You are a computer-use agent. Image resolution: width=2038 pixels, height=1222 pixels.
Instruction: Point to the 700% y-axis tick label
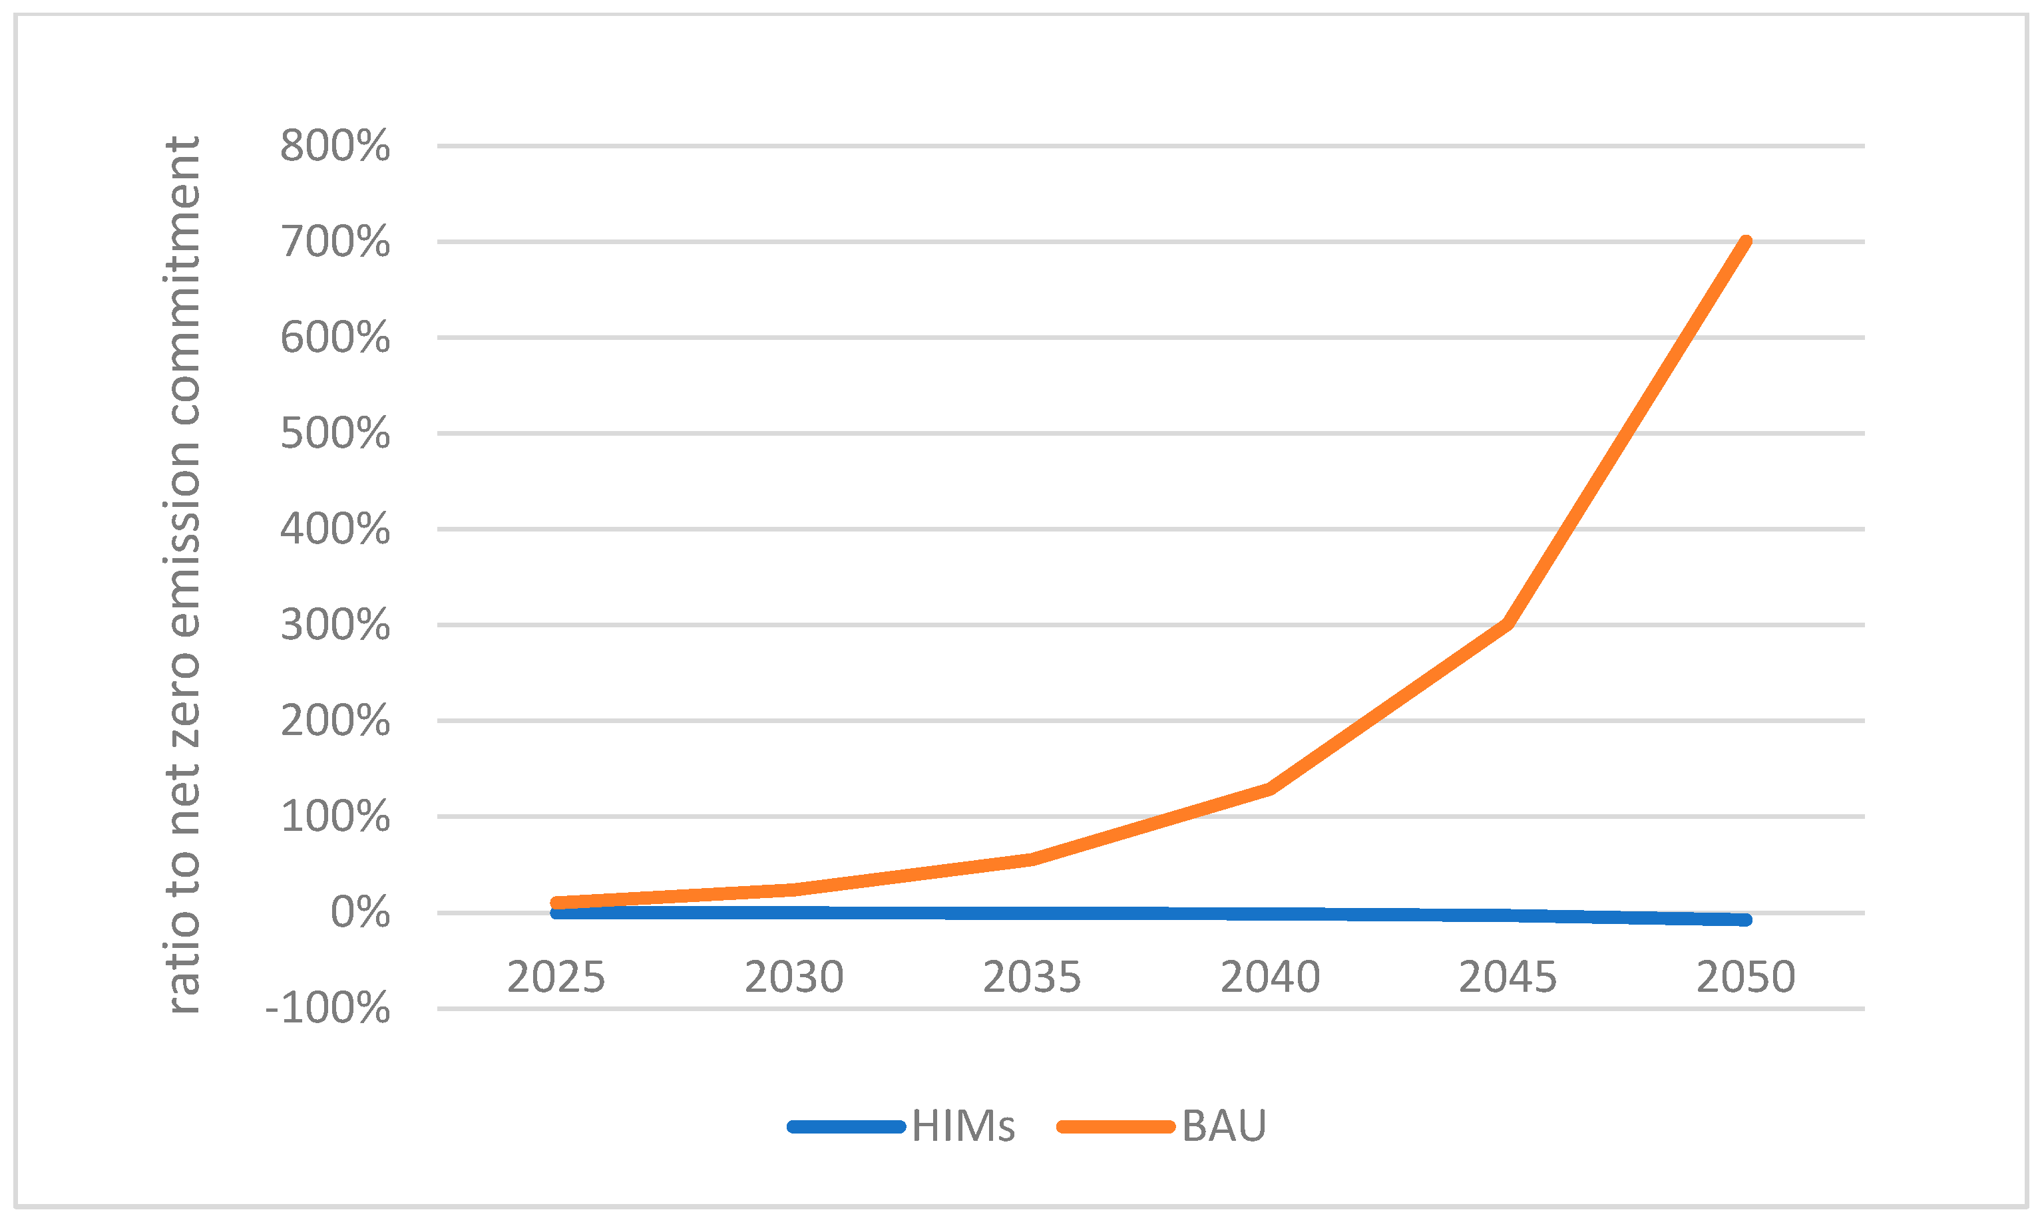(x=334, y=242)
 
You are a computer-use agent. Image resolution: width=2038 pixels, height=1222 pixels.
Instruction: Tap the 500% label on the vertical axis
(x=334, y=434)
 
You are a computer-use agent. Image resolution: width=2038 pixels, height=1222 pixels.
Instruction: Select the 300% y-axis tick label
(x=334, y=626)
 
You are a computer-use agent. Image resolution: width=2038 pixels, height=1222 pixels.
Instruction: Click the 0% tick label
(x=359, y=913)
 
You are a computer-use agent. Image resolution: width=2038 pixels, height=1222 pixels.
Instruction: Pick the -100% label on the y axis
(x=327, y=1008)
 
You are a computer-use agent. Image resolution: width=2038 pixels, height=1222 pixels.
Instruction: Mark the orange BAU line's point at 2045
(x=1508, y=624)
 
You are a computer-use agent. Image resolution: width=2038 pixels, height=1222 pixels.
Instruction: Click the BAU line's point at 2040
(x=1270, y=788)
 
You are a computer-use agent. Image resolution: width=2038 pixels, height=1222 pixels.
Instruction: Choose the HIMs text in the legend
(x=963, y=1126)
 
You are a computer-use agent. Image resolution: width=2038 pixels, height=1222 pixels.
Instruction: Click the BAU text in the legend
(x=1224, y=1126)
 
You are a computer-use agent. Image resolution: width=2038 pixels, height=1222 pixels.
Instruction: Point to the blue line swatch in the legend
(x=847, y=1126)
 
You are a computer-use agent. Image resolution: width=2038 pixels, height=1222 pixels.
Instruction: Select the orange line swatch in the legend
(x=1116, y=1126)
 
